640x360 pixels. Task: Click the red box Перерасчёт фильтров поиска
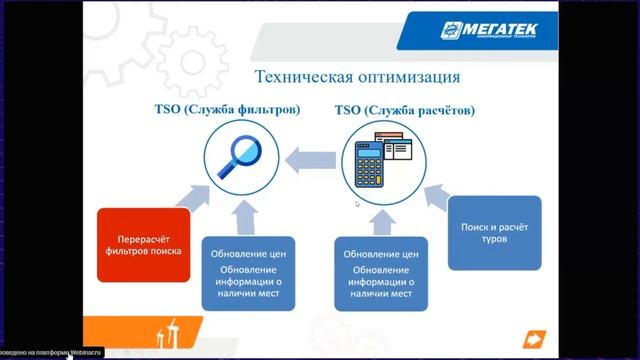pyautogui.click(x=140, y=245)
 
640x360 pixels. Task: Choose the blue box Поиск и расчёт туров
pyautogui.click(x=494, y=233)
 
